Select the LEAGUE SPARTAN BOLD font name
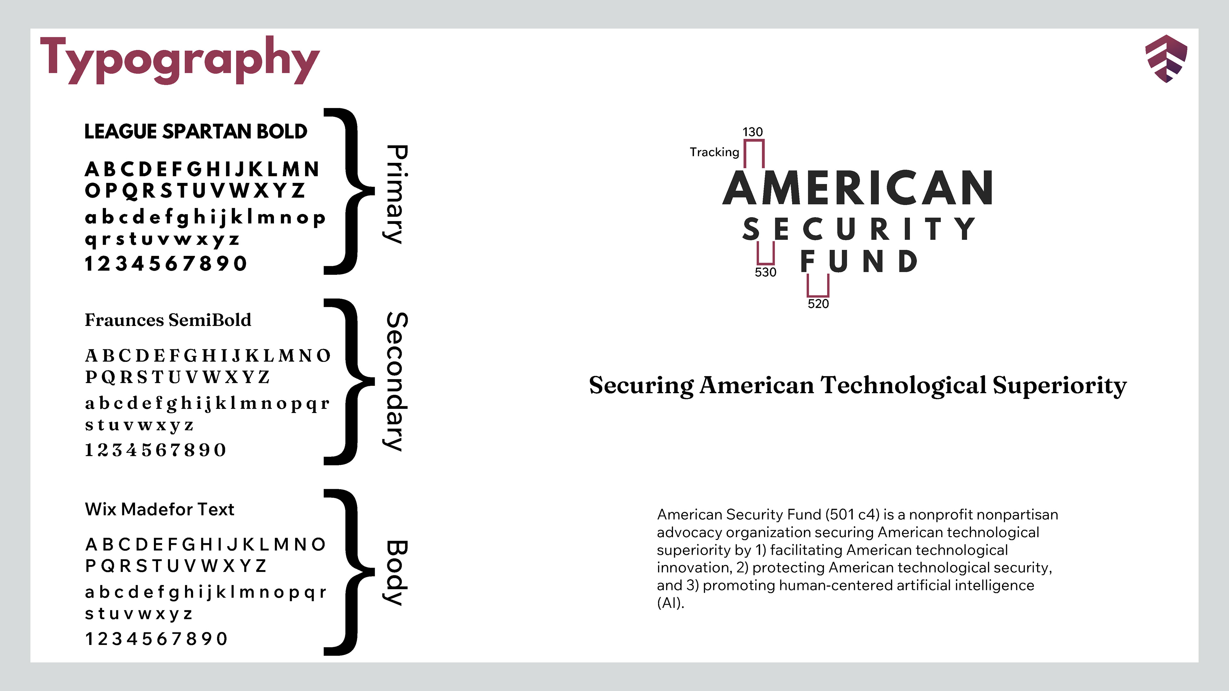pyautogui.click(x=196, y=131)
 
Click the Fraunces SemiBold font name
pyautogui.click(x=168, y=320)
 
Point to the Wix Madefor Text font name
pyautogui.click(x=159, y=509)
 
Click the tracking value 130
pyautogui.click(x=752, y=131)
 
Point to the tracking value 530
pyautogui.click(x=765, y=272)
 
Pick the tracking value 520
pyautogui.click(x=818, y=304)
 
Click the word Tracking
pyautogui.click(x=714, y=152)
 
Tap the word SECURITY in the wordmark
pyautogui.click(x=859, y=229)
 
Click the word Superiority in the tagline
pyautogui.click(x=1060, y=385)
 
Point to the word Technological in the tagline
pyautogui.click(x=903, y=385)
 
